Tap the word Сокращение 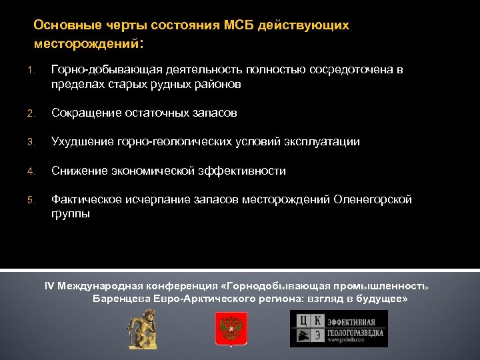[85, 113]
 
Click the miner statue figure [143, 329]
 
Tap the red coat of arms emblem [231, 329]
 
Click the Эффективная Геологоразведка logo [338, 329]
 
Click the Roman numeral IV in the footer [49, 286]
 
